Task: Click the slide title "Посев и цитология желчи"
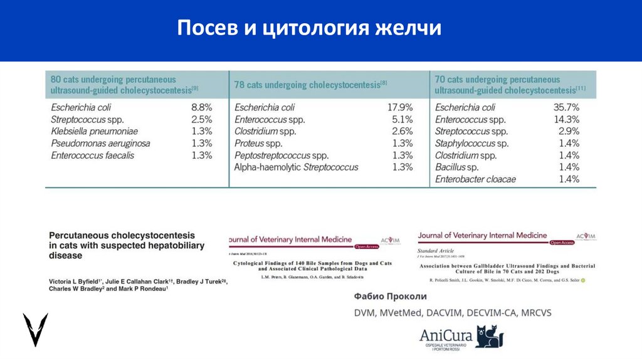(x=308, y=28)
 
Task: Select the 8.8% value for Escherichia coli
(x=201, y=107)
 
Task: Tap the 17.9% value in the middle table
(x=400, y=107)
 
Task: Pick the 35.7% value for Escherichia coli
(x=566, y=107)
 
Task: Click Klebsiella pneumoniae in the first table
(x=94, y=131)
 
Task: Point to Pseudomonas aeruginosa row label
(x=100, y=143)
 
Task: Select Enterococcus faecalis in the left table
(x=92, y=155)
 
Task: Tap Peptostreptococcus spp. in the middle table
(x=281, y=155)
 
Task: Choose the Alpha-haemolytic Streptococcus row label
(x=296, y=167)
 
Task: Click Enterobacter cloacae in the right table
(x=475, y=179)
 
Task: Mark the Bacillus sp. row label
(x=456, y=167)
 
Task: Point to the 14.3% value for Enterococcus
(x=566, y=119)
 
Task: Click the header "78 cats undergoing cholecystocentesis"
(x=310, y=84)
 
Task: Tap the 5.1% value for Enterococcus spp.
(x=402, y=119)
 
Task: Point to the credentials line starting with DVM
(x=449, y=312)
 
